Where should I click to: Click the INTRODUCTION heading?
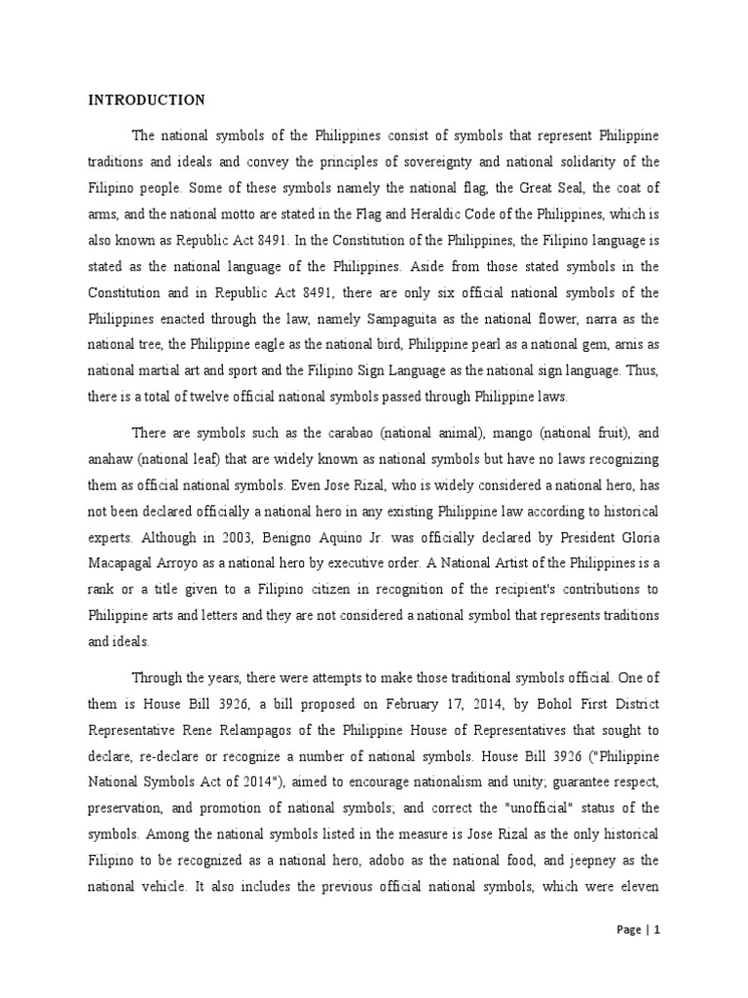147,99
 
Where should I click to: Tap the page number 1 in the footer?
657,930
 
